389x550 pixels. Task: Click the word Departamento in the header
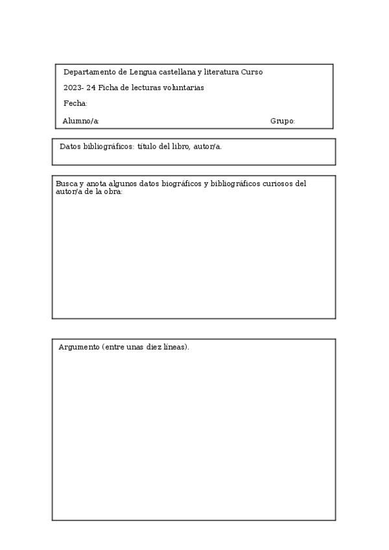click(x=86, y=72)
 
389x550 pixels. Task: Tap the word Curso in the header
click(x=252, y=72)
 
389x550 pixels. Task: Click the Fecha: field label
click(x=75, y=104)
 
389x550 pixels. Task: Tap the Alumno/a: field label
click(x=81, y=121)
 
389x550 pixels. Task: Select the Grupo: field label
click(x=283, y=121)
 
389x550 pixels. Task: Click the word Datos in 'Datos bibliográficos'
click(x=71, y=147)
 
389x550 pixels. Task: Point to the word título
click(x=147, y=147)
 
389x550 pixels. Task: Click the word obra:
click(x=113, y=192)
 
